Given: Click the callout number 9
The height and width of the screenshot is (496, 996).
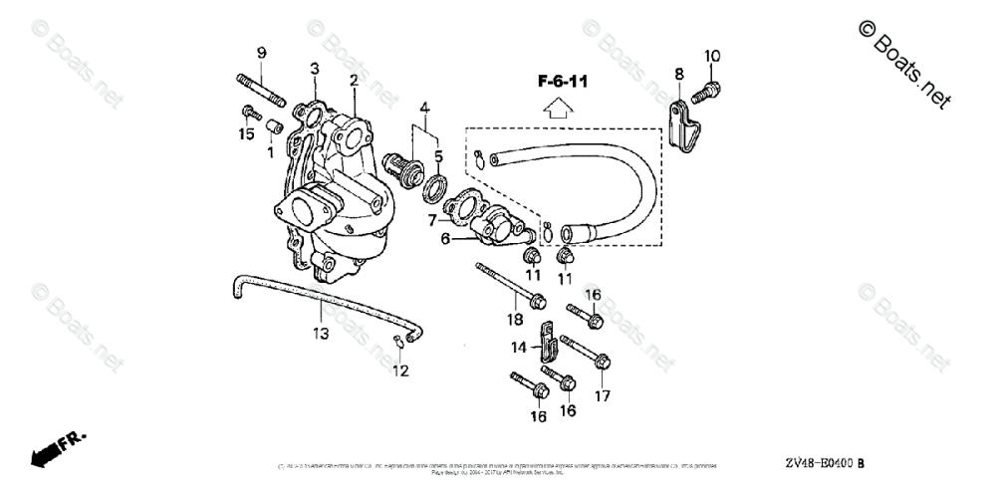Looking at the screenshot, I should tap(261, 53).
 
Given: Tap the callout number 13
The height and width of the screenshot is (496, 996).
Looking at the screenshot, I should tap(320, 334).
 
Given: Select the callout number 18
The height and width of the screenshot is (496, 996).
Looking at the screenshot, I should tap(515, 320).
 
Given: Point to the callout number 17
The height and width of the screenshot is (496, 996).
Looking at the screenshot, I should tap(602, 395).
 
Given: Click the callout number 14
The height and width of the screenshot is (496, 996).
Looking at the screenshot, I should tap(519, 347).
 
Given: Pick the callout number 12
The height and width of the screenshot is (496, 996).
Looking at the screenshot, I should tap(400, 372).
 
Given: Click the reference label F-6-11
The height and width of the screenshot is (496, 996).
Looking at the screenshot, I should tap(563, 82).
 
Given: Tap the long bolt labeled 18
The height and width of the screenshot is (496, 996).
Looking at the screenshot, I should tap(508, 284).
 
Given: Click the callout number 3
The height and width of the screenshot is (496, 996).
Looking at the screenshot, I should tap(314, 69).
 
